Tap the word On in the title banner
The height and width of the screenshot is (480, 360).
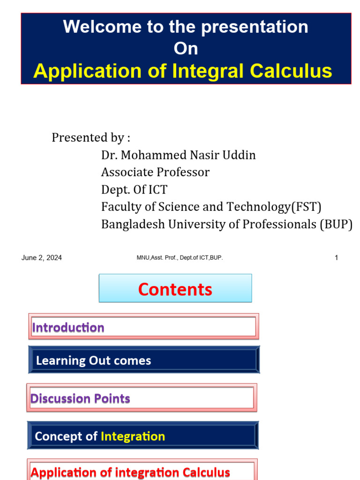click(x=186, y=49)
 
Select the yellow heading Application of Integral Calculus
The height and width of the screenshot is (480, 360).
click(x=183, y=71)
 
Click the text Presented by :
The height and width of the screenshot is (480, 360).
click(x=91, y=138)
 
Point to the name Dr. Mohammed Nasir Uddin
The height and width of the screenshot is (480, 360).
click(x=179, y=155)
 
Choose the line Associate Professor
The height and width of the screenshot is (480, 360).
click(x=155, y=172)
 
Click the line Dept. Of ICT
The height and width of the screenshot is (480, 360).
click(x=134, y=189)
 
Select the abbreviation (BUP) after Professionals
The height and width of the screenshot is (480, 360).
click(x=336, y=224)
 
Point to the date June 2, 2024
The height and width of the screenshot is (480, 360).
click(x=41, y=258)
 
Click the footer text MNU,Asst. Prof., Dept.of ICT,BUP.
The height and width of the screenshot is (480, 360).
click(x=180, y=258)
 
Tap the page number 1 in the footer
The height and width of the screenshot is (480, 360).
click(x=336, y=258)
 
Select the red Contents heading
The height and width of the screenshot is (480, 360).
click(x=175, y=289)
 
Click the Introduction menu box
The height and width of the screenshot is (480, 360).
click(x=143, y=327)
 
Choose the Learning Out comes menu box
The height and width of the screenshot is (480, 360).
click(x=143, y=360)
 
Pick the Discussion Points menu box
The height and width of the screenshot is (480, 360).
click(x=142, y=398)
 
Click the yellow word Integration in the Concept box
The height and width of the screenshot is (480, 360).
click(x=133, y=436)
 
